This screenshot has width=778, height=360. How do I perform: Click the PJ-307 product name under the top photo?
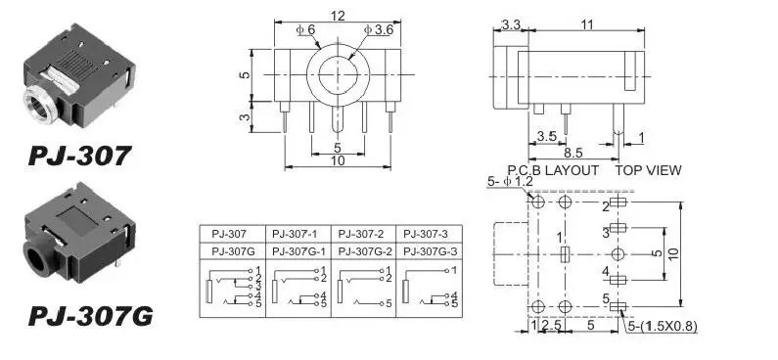80,156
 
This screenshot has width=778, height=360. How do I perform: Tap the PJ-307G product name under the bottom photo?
91,316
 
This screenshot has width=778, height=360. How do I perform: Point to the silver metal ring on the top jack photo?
39,106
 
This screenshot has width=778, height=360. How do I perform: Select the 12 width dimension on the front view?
338,16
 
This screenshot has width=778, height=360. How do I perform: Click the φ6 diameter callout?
305,29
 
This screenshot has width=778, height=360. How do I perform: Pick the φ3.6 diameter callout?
379,29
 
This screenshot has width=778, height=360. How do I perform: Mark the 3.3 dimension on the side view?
511,24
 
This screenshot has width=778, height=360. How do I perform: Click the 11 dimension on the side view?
587,24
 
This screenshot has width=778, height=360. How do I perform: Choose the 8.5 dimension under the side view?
573,153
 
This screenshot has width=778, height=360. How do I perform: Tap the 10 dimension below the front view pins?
338,160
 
